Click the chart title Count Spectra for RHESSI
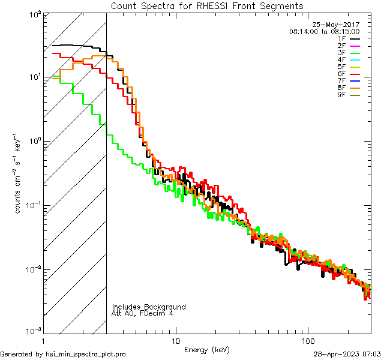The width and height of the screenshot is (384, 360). [x=207, y=6]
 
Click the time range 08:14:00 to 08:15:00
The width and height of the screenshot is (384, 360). [x=324, y=31]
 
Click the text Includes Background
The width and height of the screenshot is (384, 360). [x=149, y=307]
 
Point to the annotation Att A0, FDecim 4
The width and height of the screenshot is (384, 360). [x=143, y=314]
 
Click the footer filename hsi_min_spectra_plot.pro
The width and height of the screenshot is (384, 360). [x=86, y=355]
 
